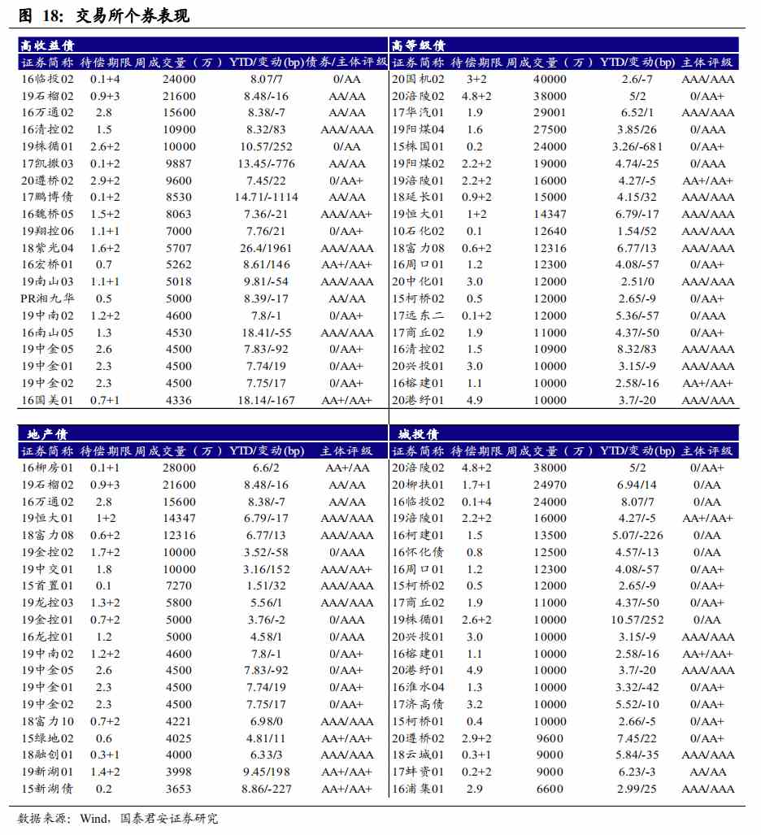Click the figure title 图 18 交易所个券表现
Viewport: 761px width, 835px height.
tap(103, 15)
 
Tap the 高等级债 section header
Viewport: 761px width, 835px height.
tap(418, 46)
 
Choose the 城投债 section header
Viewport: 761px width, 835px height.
tap(415, 434)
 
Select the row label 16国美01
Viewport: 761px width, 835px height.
tap(47, 400)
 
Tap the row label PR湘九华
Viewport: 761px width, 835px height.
tap(47, 298)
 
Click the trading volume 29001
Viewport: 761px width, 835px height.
tap(550, 112)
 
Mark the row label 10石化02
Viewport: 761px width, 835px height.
tap(418, 231)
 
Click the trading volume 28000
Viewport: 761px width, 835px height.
tap(179, 468)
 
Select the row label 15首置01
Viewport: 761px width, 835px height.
tap(47, 585)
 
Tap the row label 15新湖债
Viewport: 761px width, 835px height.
tap(47, 789)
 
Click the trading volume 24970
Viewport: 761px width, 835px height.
tap(550, 485)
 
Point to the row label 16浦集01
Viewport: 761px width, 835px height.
tap(418, 789)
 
